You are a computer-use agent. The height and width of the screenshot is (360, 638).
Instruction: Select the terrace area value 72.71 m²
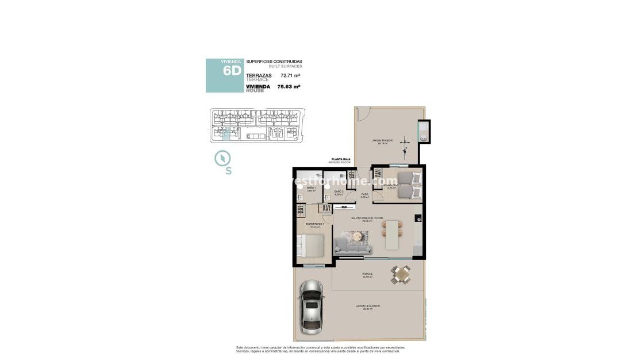pyautogui.click(x=290, y=75)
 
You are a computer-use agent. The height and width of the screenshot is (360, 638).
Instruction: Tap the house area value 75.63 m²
pyautogui.click(x=289, y=87)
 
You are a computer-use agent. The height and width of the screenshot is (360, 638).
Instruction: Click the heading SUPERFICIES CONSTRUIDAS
pyautogui.click(x=274, y=62)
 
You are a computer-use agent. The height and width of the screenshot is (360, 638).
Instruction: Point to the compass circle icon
pyautogui.click(x=222, y=158)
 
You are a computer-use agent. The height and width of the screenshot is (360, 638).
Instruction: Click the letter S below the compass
pyautogui.click(x=228, y=171)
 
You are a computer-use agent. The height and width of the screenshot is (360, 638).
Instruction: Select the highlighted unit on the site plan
pyautogui.click(x=225, y=133)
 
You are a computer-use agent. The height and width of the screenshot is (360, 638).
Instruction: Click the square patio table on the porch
pyautogui.click(x=401, y=275)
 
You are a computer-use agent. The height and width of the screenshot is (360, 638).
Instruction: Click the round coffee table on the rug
pyautogui.click(x=359, y=236)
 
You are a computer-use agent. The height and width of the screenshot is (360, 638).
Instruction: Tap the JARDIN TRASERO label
pyautogui.click(x=381, y=141)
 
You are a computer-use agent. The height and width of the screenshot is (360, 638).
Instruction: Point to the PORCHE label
pyautogui.click(x=367, y=274)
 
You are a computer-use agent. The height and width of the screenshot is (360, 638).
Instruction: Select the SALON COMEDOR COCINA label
pyautogui.click(x=368, y=219)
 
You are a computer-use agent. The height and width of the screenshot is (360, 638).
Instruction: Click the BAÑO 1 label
pyautogui.click(x=310, y=188)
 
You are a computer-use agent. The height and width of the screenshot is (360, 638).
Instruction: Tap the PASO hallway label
pyautogui.click(x=364, y=194)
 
